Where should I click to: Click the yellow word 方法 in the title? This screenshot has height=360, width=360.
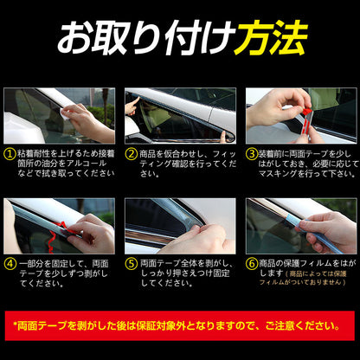271,38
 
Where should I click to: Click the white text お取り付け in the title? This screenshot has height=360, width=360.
146,38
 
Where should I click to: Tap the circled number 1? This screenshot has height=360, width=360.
10,154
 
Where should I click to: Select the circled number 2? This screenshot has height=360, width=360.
132,154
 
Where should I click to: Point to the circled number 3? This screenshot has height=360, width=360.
252,154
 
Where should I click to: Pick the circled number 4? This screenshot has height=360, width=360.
10,264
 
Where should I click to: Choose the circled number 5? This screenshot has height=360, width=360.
132,264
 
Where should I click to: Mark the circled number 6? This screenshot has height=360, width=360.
252,264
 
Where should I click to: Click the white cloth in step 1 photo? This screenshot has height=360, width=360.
64,114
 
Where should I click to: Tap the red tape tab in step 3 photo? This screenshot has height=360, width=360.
307,111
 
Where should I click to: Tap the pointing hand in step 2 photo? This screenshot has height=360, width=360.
132,106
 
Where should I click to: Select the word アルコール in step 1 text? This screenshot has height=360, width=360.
87,164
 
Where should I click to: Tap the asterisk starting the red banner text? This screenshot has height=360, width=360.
16,325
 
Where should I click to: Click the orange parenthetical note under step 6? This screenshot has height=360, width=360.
303,278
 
